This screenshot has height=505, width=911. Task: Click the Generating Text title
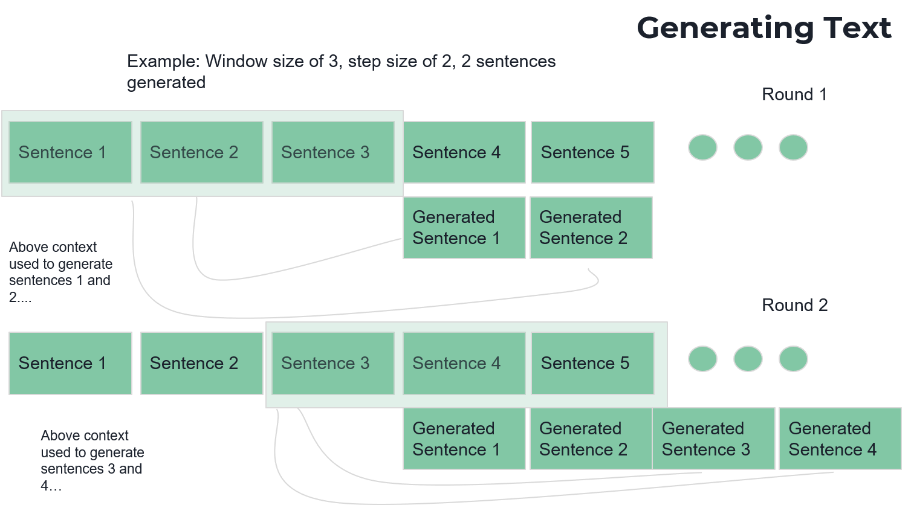click(x=764, y=28)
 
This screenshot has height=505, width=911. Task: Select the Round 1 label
click(x=794, y=94)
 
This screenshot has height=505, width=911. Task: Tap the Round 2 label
click(x=794, y=305)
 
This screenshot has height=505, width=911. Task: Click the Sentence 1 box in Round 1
click(x=70, y=152)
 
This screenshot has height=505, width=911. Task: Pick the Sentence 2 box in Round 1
click(x=201, y=152)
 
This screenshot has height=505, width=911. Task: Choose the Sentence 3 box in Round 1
click(x=332, y=152)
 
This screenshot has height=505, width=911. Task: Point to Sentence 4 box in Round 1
click(x=464, y=152)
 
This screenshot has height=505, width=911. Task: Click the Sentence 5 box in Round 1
click(x=592, y=152)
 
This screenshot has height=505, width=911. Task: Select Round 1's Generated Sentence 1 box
click(x=464, y=228)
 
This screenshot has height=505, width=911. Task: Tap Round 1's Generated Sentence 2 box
click(x=591, y=228)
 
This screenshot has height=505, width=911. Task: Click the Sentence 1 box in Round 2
click(x=70, y=363)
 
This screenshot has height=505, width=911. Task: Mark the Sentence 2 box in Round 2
click(x=201, y=363)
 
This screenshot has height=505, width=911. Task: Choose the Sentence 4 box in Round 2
click(x=464, y=363)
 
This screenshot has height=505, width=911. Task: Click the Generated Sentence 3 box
click(x=713, y=439)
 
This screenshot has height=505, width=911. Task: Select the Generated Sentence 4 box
click(x=840, y=439)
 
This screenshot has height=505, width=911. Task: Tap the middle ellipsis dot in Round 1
click(x=748, y=147)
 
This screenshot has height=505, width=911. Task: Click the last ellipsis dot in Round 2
click(x=793, y=359)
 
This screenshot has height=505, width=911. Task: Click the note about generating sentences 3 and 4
click(x=92, y=460)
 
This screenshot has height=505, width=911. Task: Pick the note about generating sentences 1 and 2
click(x=60, y=272)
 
